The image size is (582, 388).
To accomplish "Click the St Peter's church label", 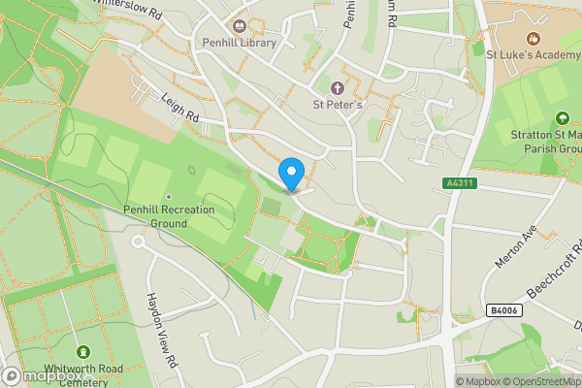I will click(x=338, y=105).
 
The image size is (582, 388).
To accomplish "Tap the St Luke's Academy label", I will click(x=533, y=54).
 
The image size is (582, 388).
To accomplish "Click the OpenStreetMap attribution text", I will click(x=543, y=381).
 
